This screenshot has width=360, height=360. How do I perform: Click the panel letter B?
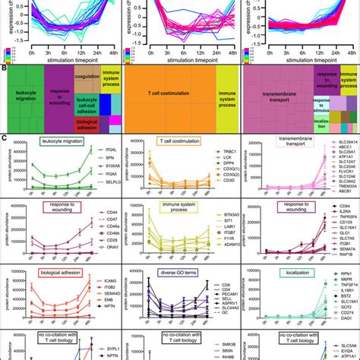point(5,67)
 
